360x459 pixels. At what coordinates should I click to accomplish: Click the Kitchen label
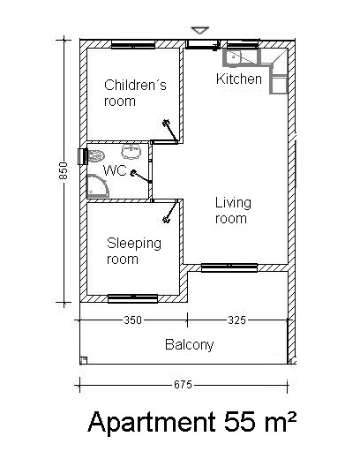tap(239, 79)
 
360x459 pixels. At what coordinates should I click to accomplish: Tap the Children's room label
tap(135, 93)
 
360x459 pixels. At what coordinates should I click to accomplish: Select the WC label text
tap(115, 170)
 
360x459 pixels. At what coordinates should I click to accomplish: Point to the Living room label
tap(233, 211)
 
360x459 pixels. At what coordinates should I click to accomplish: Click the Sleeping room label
tap(134, 251)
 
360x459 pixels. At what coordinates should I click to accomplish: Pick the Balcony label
tap(189, 344)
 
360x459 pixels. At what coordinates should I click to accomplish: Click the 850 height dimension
tap(64, 170)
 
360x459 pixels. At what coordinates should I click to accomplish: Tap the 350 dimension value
tap(132, 320)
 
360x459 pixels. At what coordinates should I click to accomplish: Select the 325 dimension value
tap(236, 320)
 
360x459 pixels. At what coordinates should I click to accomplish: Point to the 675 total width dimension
tap(183, 385)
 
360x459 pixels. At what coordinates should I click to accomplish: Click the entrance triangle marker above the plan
tap(200, 30)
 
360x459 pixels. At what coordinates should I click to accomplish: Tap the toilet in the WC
tap(96, 156)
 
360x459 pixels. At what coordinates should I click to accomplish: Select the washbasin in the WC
tap(131, 152)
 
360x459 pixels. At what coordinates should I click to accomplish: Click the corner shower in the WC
tap(97, 186)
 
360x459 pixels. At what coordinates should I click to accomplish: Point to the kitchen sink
tap(233, 56)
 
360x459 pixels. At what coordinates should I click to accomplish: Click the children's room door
tap(170, 131)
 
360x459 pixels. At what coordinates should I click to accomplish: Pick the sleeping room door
tap(170, 212)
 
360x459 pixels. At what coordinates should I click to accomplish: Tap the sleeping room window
tap(132, 298)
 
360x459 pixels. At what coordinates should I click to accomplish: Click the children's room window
tap(133, 46)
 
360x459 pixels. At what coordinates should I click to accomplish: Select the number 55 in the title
tap(238, 422)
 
